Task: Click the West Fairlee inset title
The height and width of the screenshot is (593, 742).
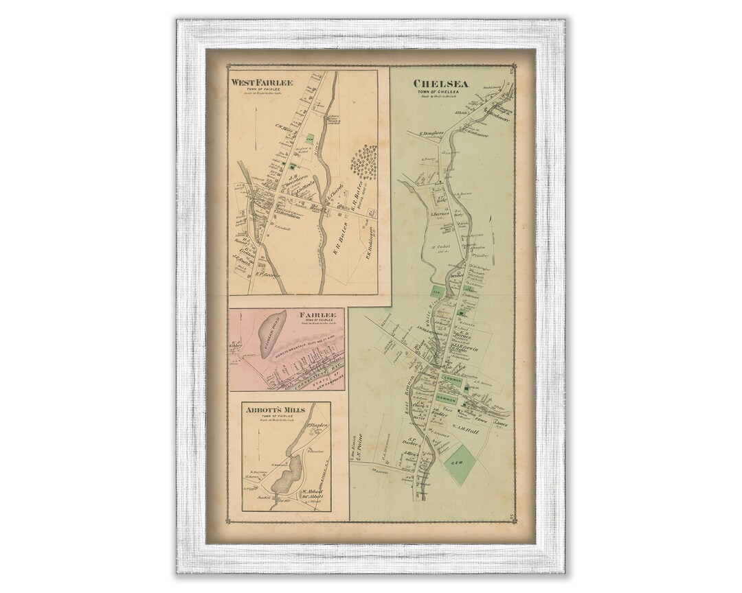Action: click(262, 83)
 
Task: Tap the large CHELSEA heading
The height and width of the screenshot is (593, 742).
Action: click(440, 84)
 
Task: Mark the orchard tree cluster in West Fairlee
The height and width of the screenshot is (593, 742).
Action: click(364, 163)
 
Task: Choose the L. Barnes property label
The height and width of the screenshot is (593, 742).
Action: click(440, 213)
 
